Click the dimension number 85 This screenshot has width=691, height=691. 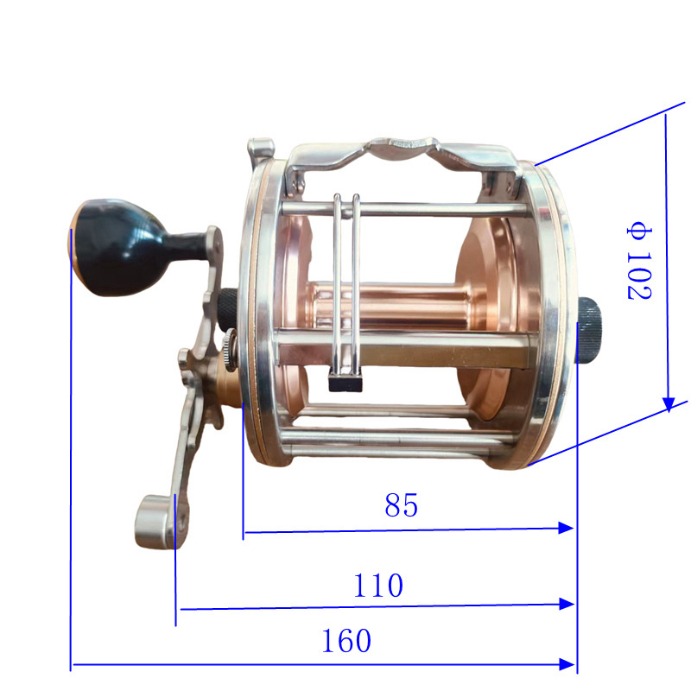pos(401,505)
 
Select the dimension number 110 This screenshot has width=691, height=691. pos(378,586)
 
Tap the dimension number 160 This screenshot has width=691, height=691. pos(346,640)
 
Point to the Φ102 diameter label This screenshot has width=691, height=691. pos(639,263)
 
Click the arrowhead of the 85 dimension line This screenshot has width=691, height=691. pos(566,528)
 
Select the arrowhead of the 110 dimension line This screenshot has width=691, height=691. pos(567,604)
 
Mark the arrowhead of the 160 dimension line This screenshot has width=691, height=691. pos(567,664)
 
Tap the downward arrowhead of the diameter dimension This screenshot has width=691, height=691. pos(669,404)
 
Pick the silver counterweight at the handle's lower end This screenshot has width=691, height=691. pos(155,523)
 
